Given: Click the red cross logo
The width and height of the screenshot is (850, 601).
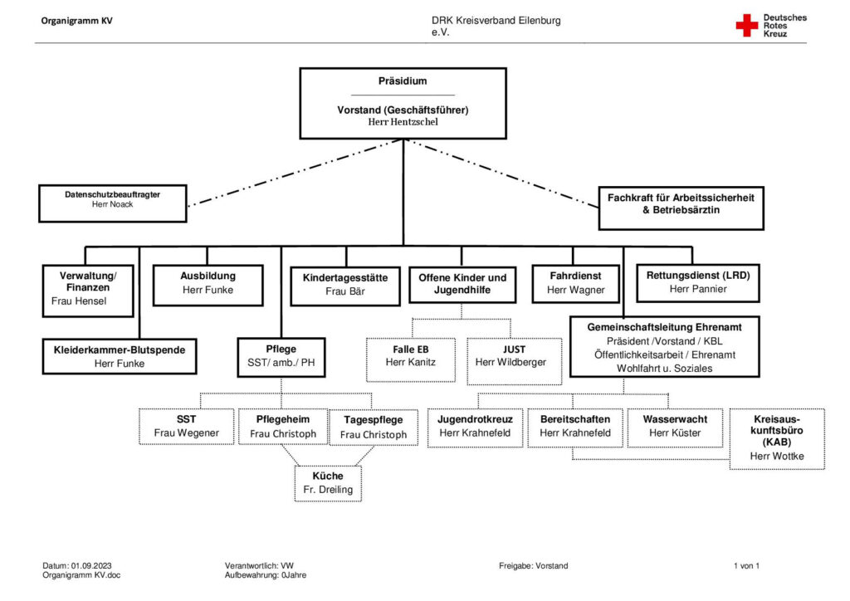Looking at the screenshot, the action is point(746,26).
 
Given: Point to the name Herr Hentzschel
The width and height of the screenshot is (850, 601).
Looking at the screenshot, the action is point(403,122).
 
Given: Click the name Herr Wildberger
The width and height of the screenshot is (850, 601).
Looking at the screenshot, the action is point(510,362).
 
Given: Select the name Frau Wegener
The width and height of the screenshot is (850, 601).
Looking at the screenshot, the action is point(187,433).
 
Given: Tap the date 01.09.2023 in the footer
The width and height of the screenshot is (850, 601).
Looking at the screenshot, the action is point(91,566).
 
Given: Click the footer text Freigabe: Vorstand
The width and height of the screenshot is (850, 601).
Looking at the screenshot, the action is point(534,566).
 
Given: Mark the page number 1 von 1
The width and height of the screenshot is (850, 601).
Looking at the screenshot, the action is point(746,566).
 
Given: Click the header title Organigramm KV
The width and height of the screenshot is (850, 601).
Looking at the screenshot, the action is point(77,21).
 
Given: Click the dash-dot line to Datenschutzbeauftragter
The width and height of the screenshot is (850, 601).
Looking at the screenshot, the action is point(295,173).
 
